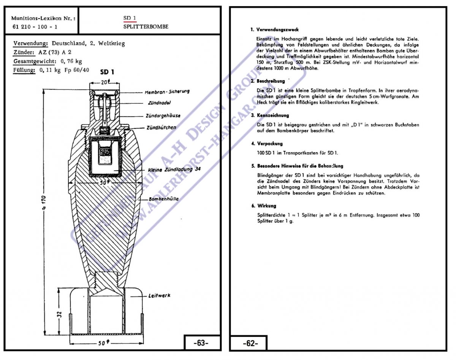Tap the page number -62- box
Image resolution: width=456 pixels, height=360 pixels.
point(250,343)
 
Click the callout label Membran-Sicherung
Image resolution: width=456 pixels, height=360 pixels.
point(167,92)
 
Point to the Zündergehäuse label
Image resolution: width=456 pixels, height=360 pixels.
point(163,116)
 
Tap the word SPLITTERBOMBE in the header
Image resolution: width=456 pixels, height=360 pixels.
point(146,27)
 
